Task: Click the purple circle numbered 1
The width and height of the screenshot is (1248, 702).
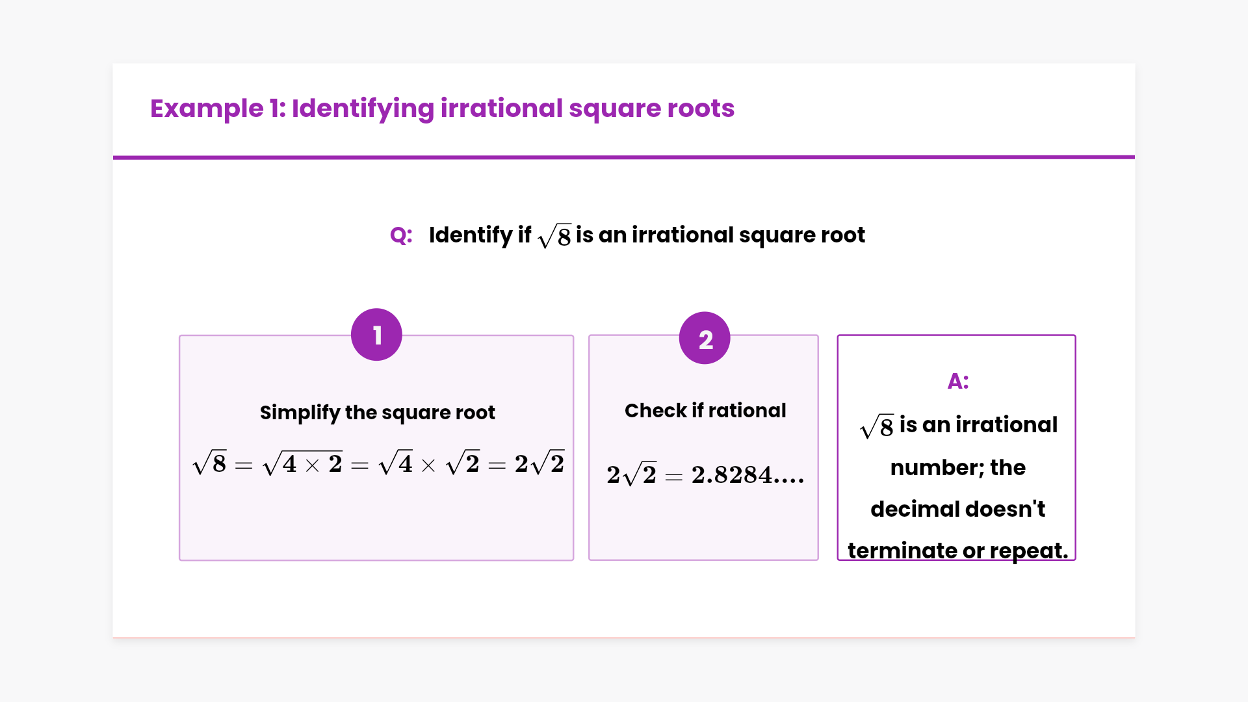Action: click(x=376, y=335)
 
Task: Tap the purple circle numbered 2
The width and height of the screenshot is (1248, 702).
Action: click(x=705, y=338)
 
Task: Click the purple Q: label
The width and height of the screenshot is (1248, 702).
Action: click(x=401, y=235)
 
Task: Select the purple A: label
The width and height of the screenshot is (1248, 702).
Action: click(x=957, y=381)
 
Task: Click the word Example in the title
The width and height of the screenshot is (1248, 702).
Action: click(x=207, y=109)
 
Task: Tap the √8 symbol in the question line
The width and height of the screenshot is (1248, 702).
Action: click(x=555, y=236)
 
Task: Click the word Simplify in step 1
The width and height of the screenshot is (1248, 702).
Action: click(x=300, y=413)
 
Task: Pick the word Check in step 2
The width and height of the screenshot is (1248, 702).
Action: click(x=655, y=411)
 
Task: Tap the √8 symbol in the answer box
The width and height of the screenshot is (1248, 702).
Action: click(x=877, y=426)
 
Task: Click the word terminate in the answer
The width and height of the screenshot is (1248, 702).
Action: click(x=902, y=551)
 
